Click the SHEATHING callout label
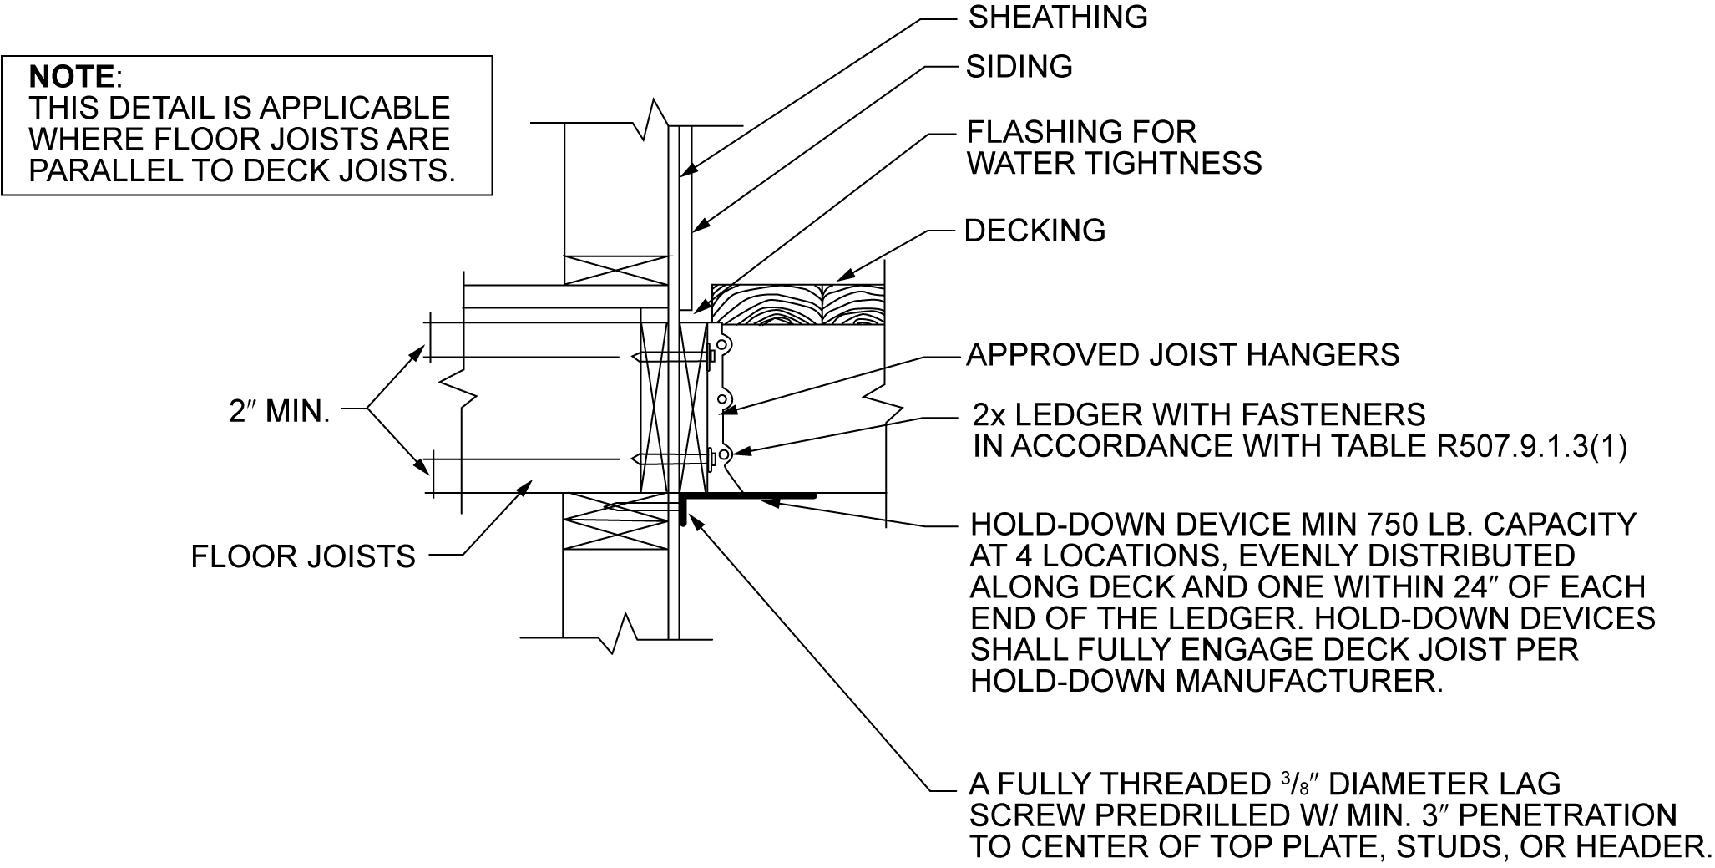1057,18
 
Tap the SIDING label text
1019,67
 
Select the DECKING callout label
1035,231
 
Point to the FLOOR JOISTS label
303,556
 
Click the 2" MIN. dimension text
280,411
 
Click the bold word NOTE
72,77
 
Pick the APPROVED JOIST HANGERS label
1182,355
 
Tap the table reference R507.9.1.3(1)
1532,447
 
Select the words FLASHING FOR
1081,132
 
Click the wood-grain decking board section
797,303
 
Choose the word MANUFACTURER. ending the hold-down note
1309,682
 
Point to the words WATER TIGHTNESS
1114,164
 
